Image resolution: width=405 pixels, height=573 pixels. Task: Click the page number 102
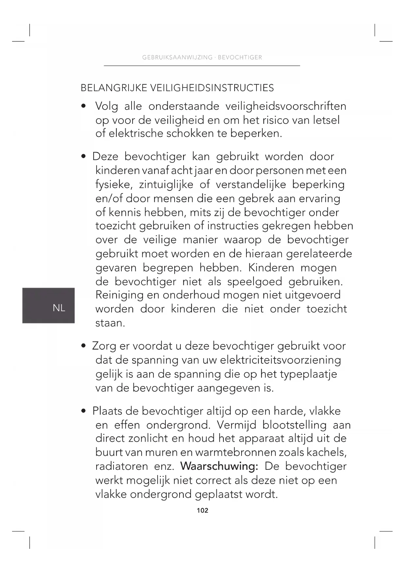point(202,510)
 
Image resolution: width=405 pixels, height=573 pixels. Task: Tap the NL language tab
point(59,307)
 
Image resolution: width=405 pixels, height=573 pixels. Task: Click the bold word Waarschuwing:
point(219,466)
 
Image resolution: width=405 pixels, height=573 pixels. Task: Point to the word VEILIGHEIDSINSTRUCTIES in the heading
point(212,88)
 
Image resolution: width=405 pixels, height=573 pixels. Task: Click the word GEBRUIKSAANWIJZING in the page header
point(177,57)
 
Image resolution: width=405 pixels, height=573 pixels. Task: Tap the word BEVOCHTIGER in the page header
point(240,57)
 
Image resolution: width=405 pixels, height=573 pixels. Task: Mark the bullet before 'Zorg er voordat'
point(84,346)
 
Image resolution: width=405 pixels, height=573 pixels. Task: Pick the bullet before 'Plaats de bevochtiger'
point(84,411)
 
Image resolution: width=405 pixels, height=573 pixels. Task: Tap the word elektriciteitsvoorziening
point(280,360)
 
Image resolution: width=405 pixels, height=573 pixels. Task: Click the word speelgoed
point(255,281)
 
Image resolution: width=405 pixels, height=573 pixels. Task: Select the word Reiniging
point(119,295)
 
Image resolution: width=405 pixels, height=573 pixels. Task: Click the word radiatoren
point(121,466)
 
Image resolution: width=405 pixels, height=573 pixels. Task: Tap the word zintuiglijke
point(166,184)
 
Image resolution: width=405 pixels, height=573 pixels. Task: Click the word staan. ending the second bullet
point(110,323)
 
